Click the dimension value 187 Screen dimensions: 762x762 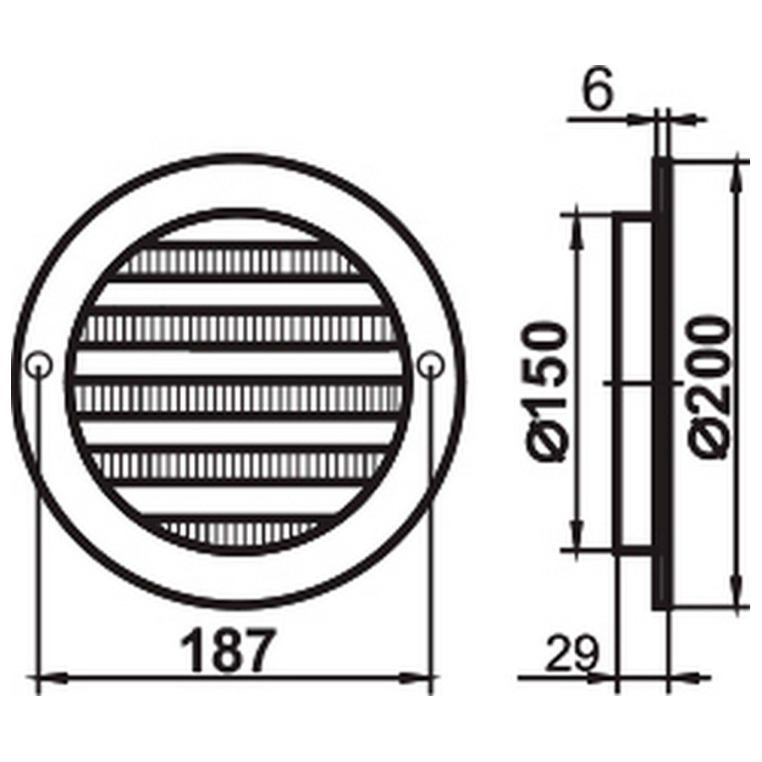point(228,649)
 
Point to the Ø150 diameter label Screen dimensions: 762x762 point(547,392)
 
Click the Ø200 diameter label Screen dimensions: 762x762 point(710,387)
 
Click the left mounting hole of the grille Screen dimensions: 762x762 point(38,364)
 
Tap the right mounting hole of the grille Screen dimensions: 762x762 point(431,364)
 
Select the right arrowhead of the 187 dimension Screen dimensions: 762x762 point(417,678)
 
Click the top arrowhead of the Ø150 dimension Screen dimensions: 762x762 point(577,229)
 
